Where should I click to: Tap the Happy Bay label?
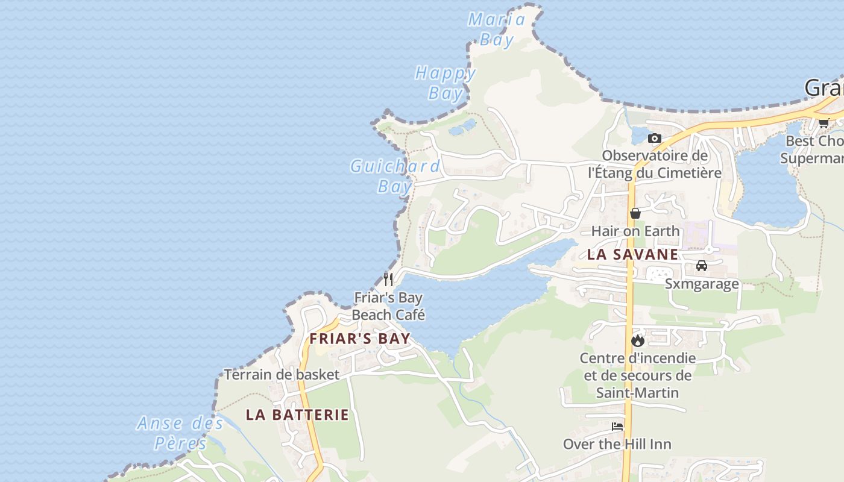[446, 83]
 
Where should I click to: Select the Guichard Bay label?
[395, 175]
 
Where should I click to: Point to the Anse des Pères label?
[180, 433]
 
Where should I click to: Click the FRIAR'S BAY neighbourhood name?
[360, 339]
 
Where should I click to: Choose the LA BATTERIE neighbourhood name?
[297, 415]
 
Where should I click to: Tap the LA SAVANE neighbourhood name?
[632, 254]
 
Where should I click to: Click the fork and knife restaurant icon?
[388, 280]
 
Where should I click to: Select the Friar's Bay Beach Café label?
[388, 306]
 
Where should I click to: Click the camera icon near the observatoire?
[655, 139]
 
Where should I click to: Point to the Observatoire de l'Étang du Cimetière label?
[655, 164]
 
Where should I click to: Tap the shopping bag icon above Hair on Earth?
[635, 213]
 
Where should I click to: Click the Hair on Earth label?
[635, 231]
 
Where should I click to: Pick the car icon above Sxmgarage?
[702, 266]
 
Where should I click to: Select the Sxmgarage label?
[702, 284]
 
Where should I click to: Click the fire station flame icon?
[638, 341]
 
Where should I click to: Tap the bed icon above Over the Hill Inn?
[617, 427]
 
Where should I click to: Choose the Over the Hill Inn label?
[617, 444]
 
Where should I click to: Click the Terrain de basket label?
[282, 374]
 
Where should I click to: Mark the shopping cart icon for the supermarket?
[824, 123]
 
